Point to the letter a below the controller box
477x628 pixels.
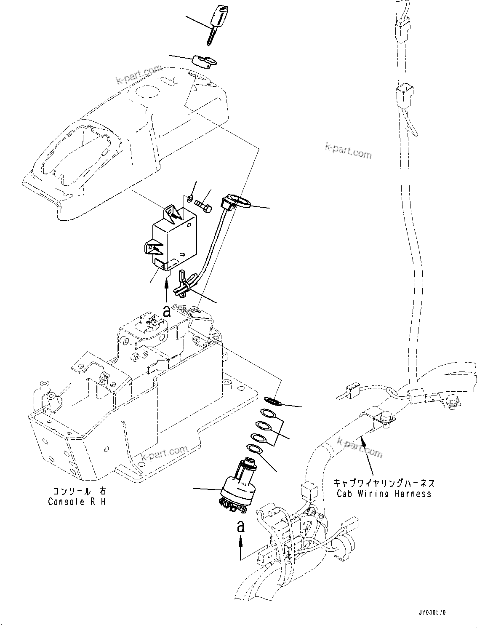[167, 311]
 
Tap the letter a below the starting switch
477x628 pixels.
[240, 526]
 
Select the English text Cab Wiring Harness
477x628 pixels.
[384, 493]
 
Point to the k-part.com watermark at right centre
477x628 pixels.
[349, 150]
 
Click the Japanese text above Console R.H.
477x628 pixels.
[80, 491]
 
